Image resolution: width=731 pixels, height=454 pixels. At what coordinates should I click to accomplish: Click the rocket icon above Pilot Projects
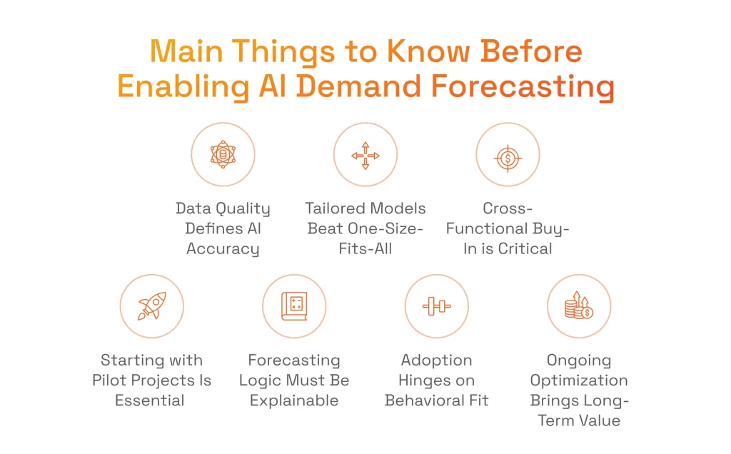tap(151, 306)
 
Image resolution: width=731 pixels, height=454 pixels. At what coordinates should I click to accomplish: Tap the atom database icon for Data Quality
tap(223, 155)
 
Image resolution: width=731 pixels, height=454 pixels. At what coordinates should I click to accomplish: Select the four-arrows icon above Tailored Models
tap(365, 155)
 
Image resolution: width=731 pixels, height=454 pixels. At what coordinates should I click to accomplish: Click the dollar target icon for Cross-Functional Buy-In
tap(508, 155)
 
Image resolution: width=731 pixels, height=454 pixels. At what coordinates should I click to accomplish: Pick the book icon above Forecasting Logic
tap(294, 306)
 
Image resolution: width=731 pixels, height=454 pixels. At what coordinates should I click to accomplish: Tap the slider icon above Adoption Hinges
tap(436, 306)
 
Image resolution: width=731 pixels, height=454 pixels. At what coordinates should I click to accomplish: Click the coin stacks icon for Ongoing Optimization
tap(579, 306)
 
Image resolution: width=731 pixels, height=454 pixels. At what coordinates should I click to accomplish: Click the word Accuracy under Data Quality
tap(223, 249)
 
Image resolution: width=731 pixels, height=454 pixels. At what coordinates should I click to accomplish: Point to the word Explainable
tap(294, 400)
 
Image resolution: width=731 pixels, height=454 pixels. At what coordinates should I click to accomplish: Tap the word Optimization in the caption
tap(579, 380)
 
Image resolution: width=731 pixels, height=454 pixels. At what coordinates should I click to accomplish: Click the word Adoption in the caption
tap(436, 360)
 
